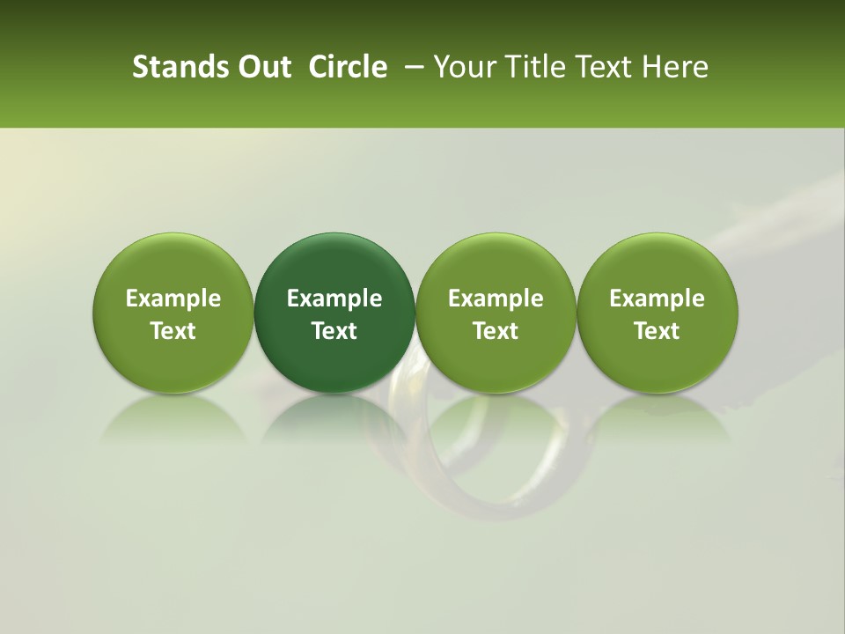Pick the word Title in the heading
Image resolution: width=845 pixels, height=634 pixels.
pos(537,67)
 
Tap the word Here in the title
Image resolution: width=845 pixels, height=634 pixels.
pos(675,67)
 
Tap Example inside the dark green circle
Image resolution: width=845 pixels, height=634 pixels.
pos(334,299)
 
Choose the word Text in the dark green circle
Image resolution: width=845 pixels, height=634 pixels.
pos(334,331)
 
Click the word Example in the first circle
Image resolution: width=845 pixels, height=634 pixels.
pos(173,299)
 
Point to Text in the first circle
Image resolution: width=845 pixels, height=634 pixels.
pos(173,331)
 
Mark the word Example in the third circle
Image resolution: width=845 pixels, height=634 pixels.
pos(496,299)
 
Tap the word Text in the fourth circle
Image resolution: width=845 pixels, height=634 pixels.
pos(657,331)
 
